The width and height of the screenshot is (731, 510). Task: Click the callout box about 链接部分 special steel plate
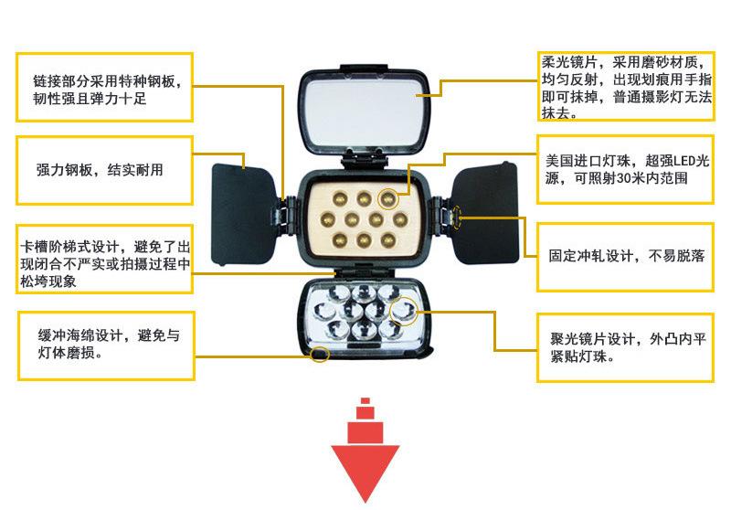(x=103, y=87)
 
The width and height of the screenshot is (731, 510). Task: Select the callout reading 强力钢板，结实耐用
(x=103, y=170)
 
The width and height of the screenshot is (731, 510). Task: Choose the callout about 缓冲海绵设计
(x=103, y=344)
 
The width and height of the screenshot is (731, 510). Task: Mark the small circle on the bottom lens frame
(x=319, y=353)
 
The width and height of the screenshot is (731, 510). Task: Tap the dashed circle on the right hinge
(x=457, y=218)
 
